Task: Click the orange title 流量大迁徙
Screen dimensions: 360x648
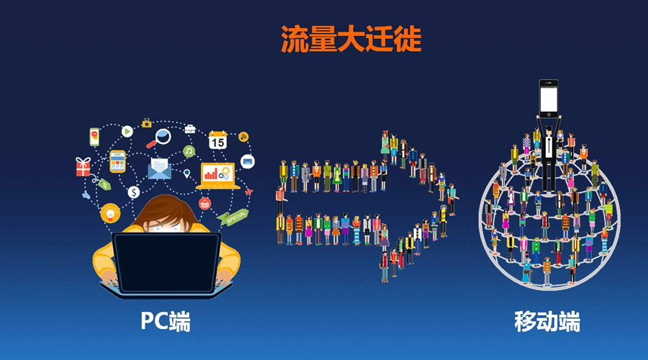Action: point(351,40)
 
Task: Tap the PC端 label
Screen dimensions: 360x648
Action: point(166,321)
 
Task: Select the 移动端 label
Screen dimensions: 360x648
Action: point(547,321)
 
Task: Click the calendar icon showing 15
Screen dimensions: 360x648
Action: point(217,140)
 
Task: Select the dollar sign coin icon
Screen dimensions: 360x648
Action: point(133,192)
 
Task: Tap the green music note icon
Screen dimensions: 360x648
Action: point(189,151)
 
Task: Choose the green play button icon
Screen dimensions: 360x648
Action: point(127,131)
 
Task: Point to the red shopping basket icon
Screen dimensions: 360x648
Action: point(204,203)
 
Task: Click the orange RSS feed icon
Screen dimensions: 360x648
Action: point(243,136)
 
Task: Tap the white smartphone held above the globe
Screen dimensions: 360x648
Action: point(549,98)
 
